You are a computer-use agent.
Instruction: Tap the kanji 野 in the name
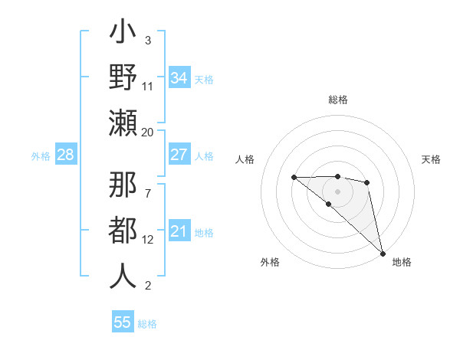pyautogui.click(x=123, y=79)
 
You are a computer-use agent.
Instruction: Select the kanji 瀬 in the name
pyautogui.click(x=123, y=122)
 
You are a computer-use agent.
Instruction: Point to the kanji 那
pyautogui.click(x=123, y=185)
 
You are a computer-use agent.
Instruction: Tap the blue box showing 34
pyautogui.click(x=179, y=77)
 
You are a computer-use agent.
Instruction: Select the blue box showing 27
pyautogui.click(x=179, y=154)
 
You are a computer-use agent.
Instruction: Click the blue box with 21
pyautogui.click(x=179, y=231)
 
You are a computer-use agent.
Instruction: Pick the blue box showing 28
pyautogui.click(x=66, y=155)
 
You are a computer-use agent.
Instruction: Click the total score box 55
pyautogui.click(x=123, y=322)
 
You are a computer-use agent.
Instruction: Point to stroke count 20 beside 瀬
pyautogui.click(x=148, y=132)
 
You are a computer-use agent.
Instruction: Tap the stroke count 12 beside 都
pyautogui.click(x=148, y=240)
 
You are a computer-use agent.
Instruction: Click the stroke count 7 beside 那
pyautogui.click(x=148, y=186)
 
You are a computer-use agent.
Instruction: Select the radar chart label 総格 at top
pyautogui.click(x=338, y=100)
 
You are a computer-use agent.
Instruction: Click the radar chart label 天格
pyautogui.click(x=432, y=159)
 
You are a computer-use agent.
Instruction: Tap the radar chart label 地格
pyautogui.click(x=402, y=262)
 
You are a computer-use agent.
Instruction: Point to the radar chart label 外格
pyautogui.click(x=270, y=262)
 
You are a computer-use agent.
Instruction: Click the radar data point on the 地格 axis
pyautogui.click(x=383, y=253)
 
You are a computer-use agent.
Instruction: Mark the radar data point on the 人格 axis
pyautogui.click(x=294, y=178)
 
